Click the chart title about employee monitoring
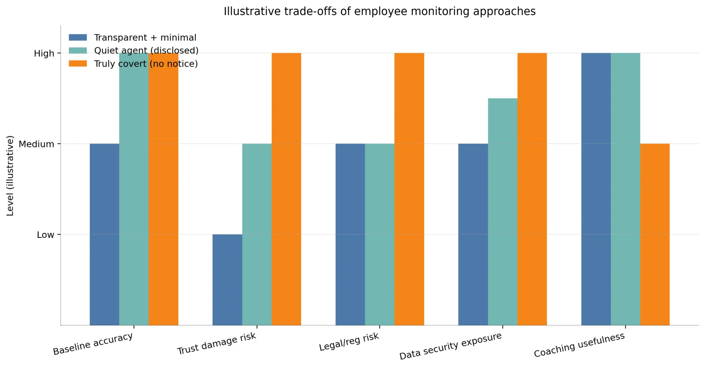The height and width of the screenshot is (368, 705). [379, 12]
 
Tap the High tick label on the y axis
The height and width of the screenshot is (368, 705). [44, 54]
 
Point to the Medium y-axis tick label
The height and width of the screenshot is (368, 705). [36, 144]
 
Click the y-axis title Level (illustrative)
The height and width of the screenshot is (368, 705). [10, 176]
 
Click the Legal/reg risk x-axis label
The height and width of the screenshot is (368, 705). [349, 342]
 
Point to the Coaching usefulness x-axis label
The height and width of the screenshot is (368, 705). [579, 345]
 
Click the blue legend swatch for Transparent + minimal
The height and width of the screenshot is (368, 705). [78, 37]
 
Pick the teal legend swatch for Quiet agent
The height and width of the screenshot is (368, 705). [78, 50]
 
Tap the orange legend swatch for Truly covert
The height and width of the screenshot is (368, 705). [78, 63]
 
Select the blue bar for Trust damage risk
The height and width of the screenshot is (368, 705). [227, 280]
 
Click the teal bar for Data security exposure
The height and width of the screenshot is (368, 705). [503, 211]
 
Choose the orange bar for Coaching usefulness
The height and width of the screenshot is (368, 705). [655, 234]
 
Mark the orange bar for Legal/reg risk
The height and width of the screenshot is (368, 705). [409, 189]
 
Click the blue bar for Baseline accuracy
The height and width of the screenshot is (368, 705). [104, 234]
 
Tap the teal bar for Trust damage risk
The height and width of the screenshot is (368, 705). [257, 234]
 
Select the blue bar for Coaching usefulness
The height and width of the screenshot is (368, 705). [596, 189]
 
